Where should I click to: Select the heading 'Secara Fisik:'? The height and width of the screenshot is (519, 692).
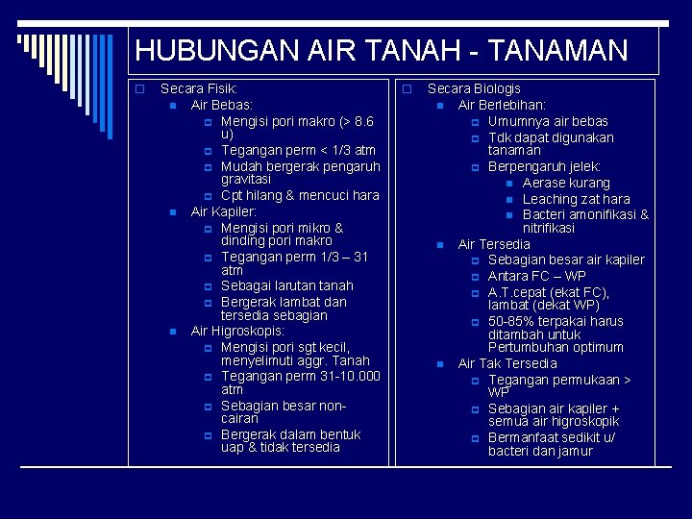(199, 88)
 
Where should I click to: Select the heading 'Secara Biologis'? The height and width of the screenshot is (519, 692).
(474, 88)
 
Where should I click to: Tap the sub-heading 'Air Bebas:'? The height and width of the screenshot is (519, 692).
(222, 105)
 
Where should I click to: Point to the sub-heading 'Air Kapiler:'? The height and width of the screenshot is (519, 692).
(224, 211)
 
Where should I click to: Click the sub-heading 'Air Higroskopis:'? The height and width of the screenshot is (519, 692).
(237, 331)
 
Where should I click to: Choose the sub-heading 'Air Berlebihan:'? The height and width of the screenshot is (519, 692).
(502, 105)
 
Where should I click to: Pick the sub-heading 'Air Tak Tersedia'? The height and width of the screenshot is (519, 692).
(507, 363)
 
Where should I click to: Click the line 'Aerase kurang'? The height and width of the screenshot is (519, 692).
(566, 183)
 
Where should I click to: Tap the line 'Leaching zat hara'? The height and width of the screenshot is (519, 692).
(576, 199)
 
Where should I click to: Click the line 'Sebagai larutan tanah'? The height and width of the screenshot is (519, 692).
(286, 285)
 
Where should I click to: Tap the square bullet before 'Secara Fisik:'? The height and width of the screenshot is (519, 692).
(138, 89)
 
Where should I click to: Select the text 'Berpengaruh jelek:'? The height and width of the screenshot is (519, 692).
(544, 166)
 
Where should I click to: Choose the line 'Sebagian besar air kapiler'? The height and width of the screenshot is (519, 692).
(566, 259)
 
